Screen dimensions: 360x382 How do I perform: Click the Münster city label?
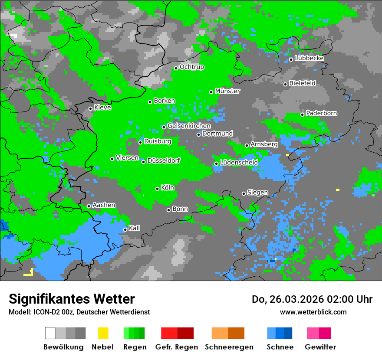click(227, 91)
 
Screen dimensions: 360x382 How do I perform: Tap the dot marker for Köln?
click(157, 189)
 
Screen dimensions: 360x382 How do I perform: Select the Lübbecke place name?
click(309, 58)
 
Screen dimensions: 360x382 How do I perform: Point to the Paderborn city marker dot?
click(302, 115)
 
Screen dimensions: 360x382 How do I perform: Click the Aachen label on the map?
click(104, 205)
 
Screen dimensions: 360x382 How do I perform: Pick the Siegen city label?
click(257, 193)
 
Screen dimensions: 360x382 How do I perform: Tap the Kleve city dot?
click(90, 108)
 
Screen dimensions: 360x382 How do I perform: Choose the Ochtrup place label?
click(192, 67)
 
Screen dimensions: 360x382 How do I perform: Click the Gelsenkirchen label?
click(189, 126)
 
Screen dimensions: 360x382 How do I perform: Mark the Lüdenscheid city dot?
click(216, 164)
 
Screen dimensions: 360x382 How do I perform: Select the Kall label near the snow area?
click(135, 228)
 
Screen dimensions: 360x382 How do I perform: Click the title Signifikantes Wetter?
click(72, 299)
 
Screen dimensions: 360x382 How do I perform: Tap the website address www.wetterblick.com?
click(313, 312)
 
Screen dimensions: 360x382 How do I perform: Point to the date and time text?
click(312, 299)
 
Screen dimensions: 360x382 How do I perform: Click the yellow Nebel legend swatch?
click(103, 333)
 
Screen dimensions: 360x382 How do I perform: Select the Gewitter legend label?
click(320, 347)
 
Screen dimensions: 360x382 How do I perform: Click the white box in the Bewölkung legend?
click(50, 333)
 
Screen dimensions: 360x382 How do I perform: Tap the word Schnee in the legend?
click(280, 347)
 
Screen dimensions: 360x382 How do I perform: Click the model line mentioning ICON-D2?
click(79, 312)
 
